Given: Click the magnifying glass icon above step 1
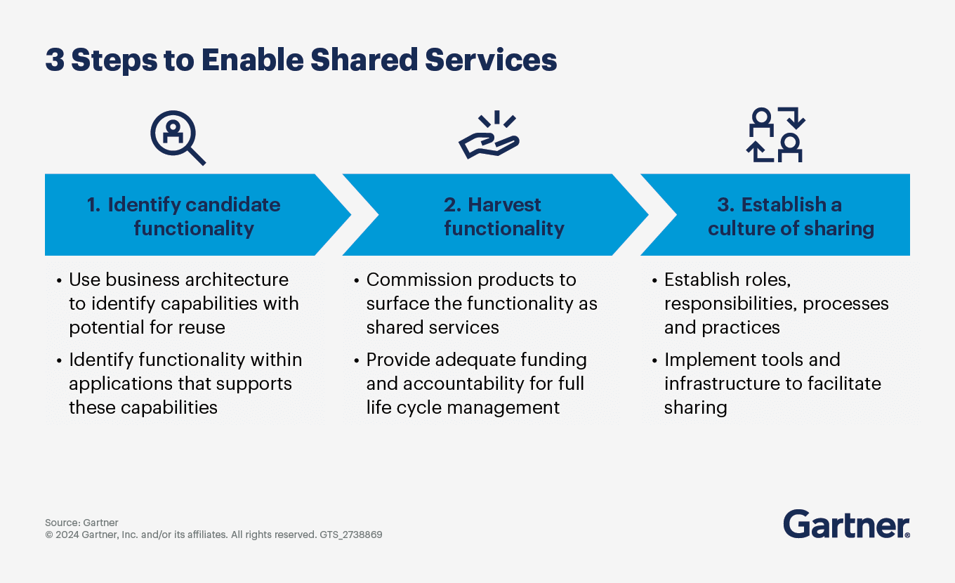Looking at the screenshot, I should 176,137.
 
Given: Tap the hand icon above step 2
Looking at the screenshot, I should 489,136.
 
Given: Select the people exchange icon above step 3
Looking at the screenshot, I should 775,135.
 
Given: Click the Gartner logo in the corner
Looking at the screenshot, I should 846,525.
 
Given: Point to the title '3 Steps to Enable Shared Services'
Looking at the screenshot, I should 301,60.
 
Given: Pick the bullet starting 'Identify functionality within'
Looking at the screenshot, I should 184,384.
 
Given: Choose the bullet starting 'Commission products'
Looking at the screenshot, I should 481,303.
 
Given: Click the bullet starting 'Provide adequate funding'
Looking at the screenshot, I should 475,384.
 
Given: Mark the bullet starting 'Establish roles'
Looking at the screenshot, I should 776,303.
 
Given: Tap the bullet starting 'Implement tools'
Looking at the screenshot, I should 772,384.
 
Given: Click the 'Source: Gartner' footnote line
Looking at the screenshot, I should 81,523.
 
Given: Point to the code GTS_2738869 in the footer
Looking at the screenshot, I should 350,535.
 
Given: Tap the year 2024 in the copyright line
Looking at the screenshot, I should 67,535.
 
